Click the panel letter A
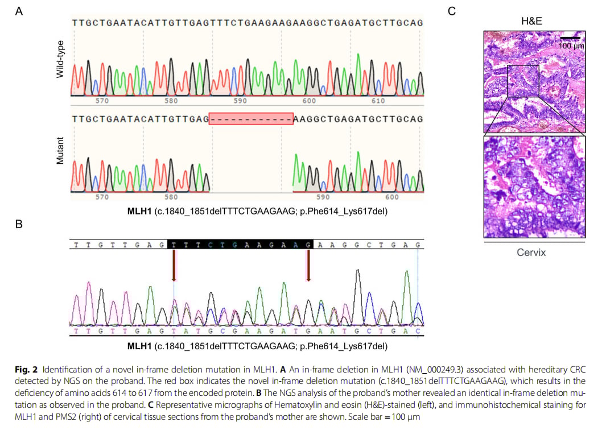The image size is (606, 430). [x=19, y=11]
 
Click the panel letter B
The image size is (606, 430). [x=19, y=224]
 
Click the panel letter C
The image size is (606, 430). [x=452, y=11]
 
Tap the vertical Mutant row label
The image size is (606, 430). [x=60, y=151]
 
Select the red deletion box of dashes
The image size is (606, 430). [x=251, y=118]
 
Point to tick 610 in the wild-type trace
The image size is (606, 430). [x=377, y=101]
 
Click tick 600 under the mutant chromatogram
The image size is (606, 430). [x=391, y=197]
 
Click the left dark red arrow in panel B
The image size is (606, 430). [x=174, y=266]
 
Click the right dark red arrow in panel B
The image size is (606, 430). [x=308, y=266]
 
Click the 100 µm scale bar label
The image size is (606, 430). [x=571, y=45]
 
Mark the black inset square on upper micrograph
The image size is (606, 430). [x=523, y=81]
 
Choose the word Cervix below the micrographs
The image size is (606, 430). [x=531, y=252]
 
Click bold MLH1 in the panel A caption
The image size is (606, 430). [x=139, y=211]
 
